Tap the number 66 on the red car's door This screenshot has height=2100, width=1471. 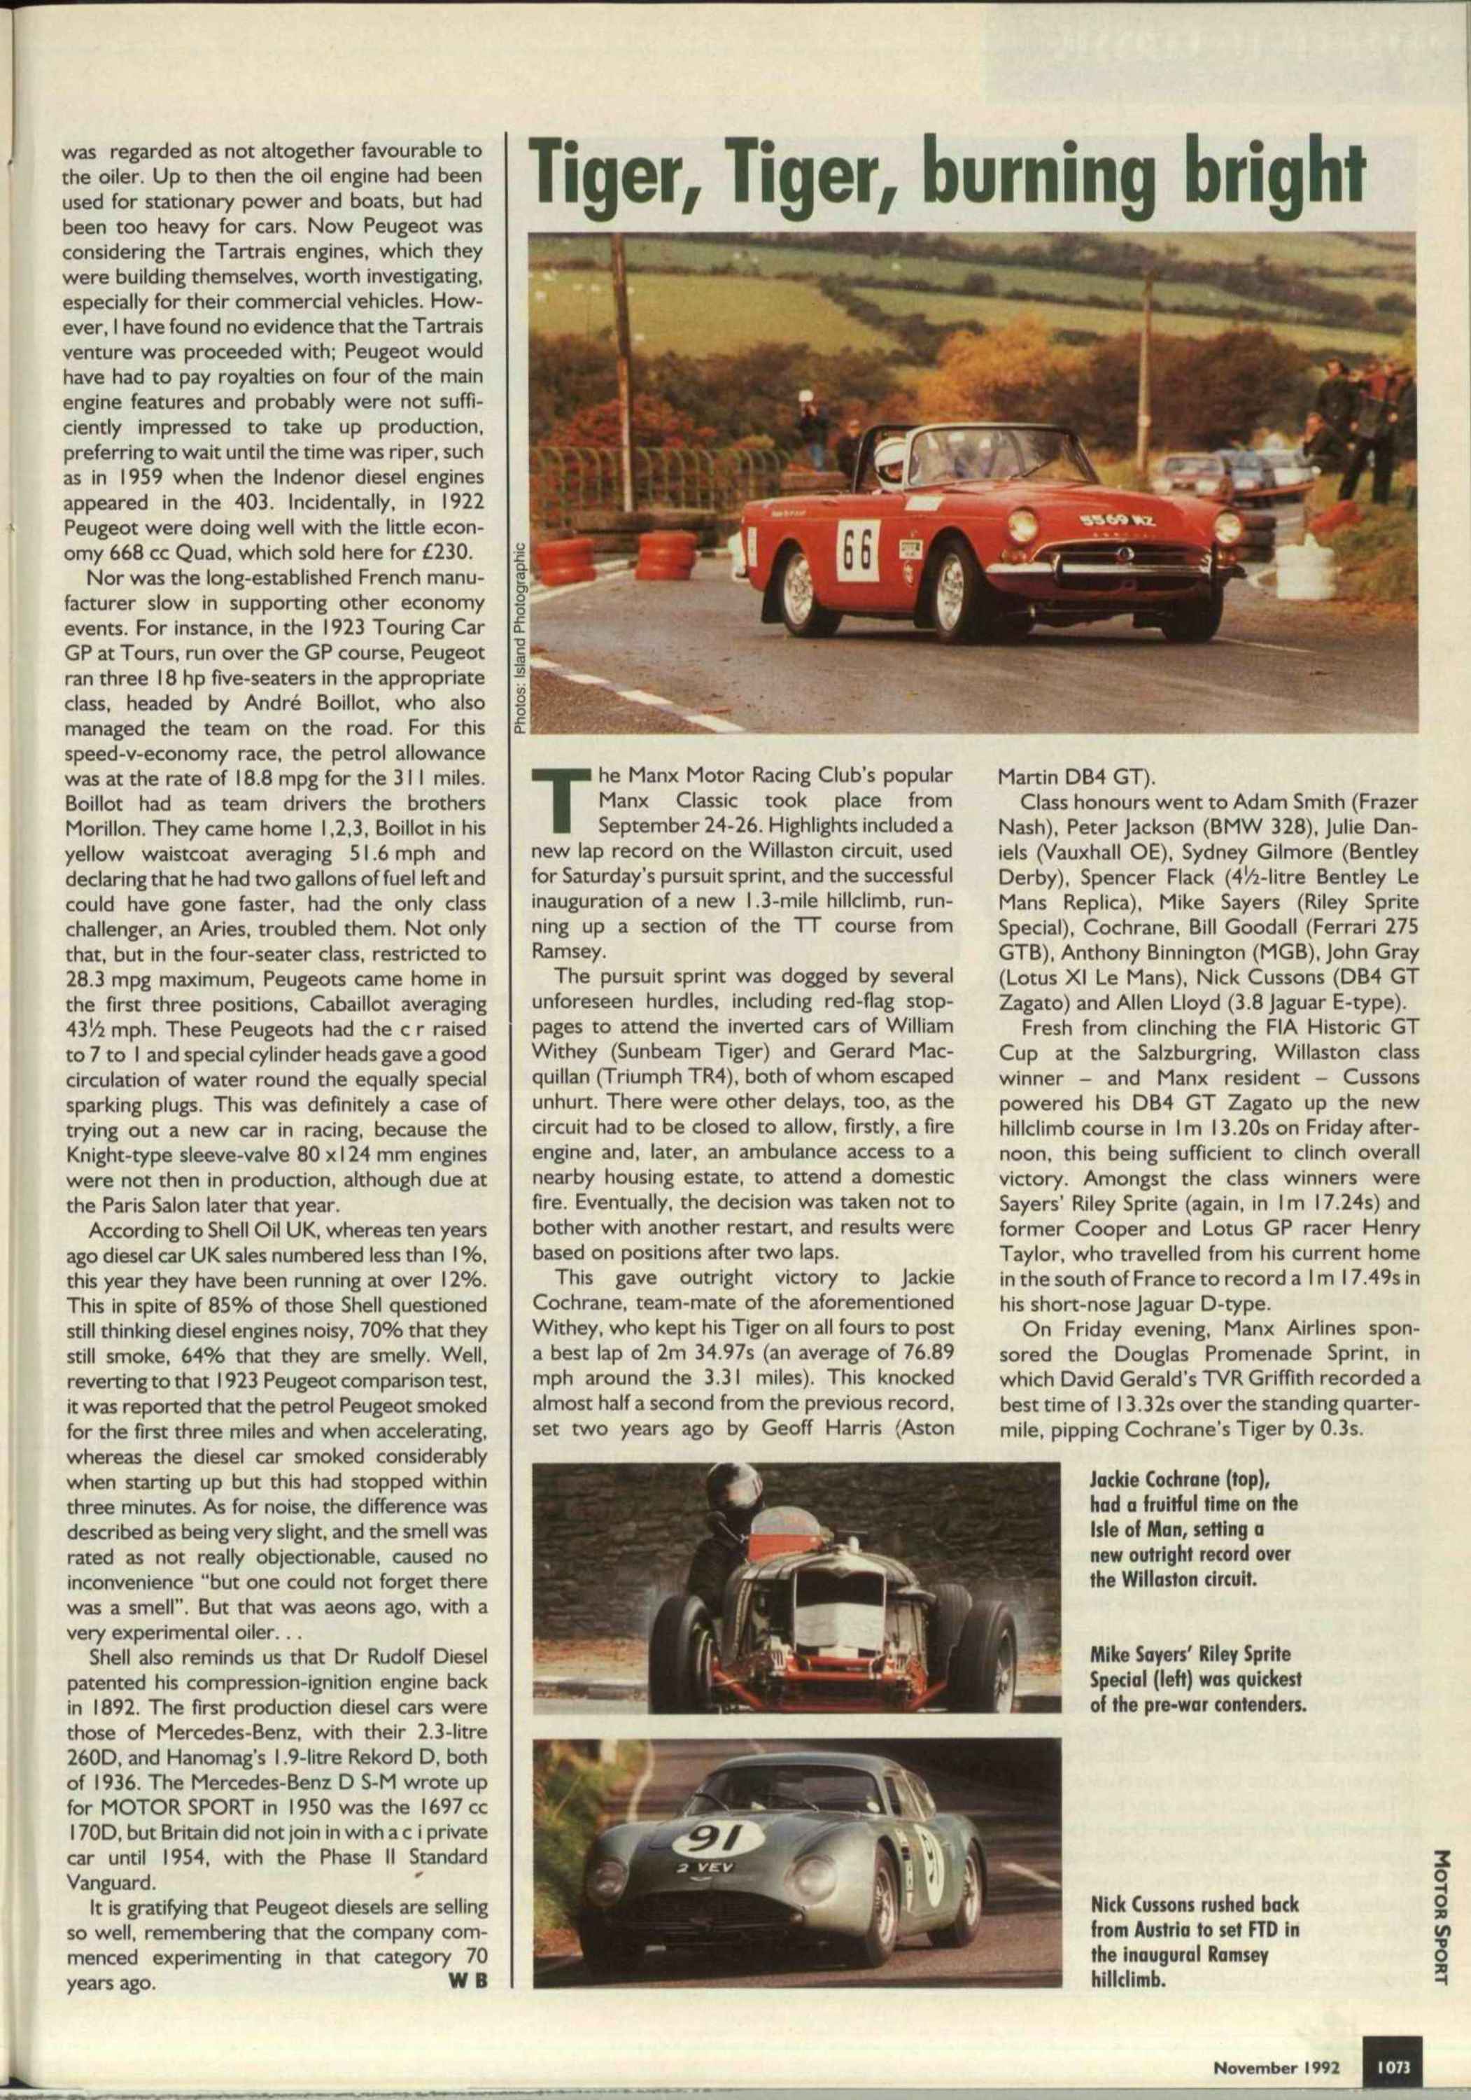pos(856,546)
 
